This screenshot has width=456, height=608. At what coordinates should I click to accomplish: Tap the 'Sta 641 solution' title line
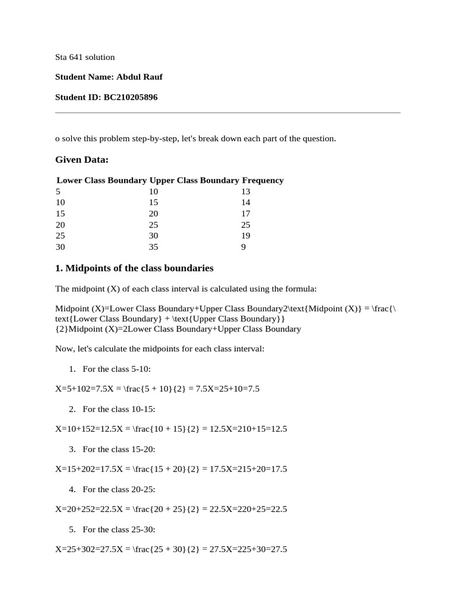coord(85,57)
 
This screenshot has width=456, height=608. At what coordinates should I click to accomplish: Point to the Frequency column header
coord(262,180)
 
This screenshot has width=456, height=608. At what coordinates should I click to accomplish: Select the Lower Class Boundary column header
coord(102,180)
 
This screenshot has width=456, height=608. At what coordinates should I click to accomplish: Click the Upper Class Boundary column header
coord(194,180)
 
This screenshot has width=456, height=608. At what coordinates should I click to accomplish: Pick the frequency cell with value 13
coord(246,191)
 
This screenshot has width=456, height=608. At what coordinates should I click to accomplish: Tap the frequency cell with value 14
coord(246,202)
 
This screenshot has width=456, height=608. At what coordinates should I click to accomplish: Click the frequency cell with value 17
coord(246,213)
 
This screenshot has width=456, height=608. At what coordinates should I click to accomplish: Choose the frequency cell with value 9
coord(243,246)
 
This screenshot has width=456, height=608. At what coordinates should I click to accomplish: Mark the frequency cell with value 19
coord(246,236)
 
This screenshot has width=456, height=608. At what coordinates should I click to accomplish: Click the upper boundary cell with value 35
coord(154,246)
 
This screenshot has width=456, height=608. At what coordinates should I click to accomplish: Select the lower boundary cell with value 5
coord(58,191)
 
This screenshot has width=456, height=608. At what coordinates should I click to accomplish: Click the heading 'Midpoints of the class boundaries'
coord(139,268)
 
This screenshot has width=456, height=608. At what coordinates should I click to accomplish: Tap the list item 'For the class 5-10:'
coord(113,369)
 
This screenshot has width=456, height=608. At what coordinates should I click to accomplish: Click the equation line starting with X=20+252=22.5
coord(171,509)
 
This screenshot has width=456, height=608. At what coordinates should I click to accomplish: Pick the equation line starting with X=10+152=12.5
coord(171,429)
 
